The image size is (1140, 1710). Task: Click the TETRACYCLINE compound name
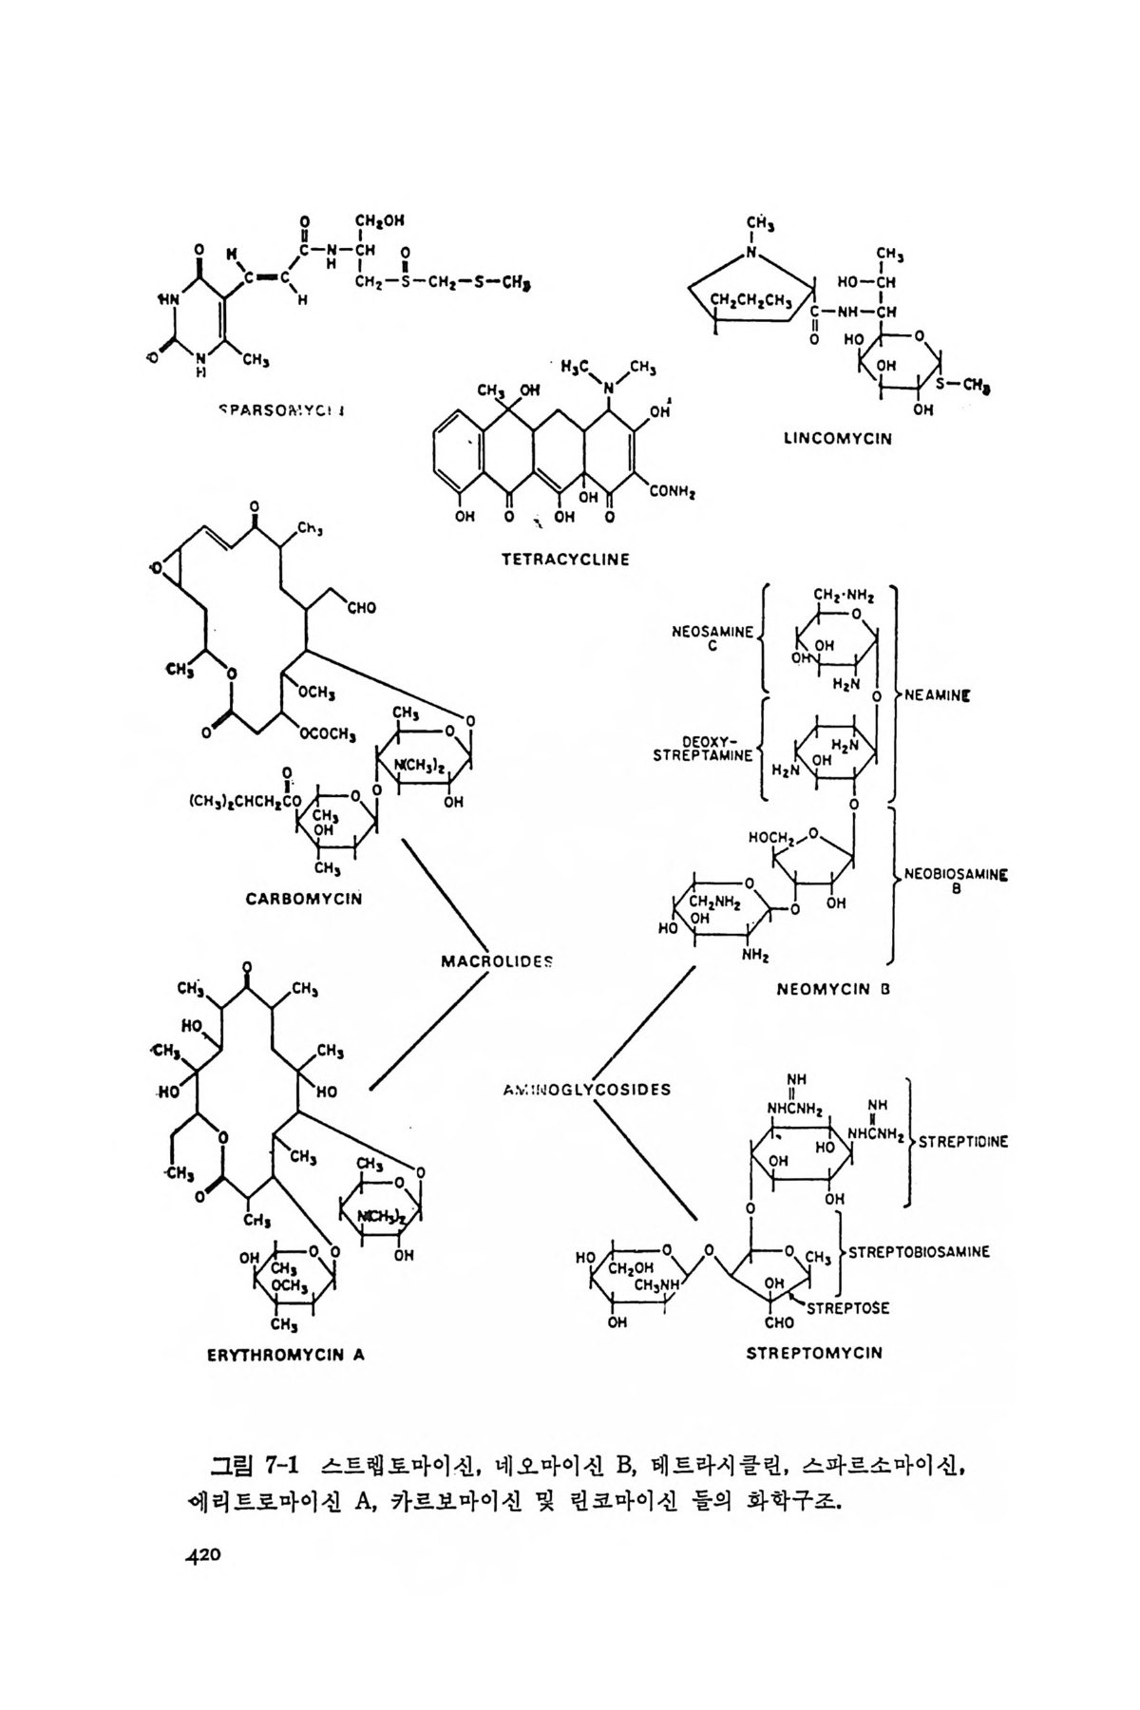(565, 560)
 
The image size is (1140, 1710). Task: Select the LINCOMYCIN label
(837, 439)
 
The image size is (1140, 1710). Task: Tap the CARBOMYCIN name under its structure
(304, 898)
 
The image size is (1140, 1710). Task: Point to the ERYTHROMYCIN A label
(286, 1356)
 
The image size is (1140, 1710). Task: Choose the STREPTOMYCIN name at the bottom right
(814, 1352)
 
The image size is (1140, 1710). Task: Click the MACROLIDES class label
(497, 961)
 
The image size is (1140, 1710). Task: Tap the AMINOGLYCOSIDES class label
(586, 1090)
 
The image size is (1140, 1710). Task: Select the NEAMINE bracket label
(937, 695)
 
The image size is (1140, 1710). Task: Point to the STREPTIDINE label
(962, 1142)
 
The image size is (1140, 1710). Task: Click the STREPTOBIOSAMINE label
(919, 1252)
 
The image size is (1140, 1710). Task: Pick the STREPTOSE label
(847, 1308)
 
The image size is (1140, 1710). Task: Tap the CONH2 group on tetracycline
(674, 492)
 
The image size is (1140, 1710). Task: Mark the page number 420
(202, 1555)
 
